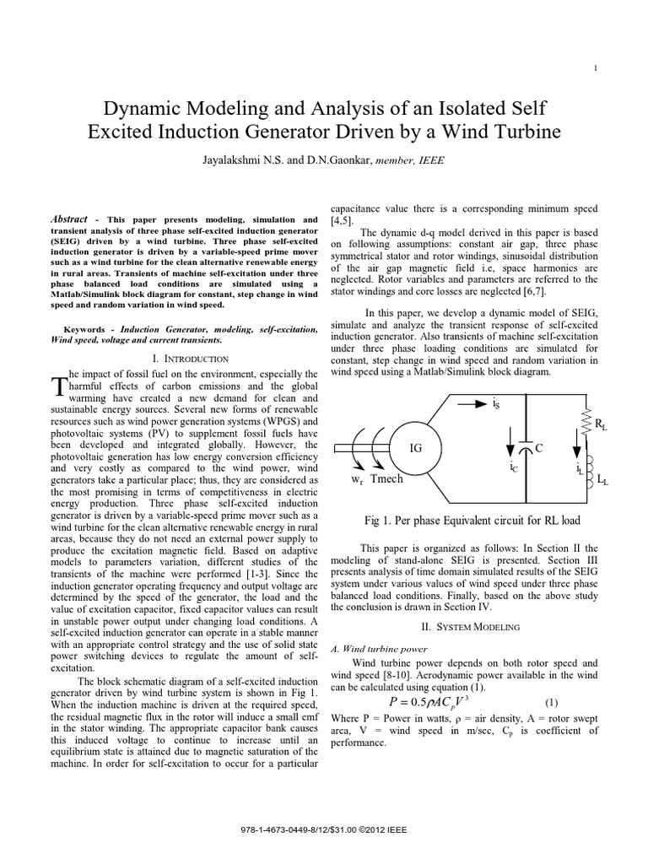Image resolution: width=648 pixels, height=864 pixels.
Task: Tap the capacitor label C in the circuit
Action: point(542,450)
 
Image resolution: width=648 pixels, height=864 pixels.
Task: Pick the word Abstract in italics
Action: point(69,218)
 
